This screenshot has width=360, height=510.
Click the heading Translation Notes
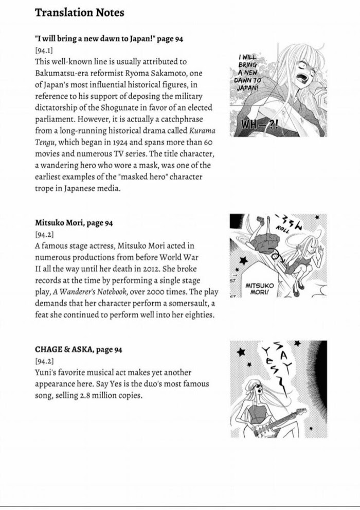click(79, 13)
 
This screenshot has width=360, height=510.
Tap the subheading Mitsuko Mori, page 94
click(74, 223)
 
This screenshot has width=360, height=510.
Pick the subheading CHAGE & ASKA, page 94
click(79, 349)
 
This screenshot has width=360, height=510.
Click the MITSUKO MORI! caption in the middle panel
click(260, 289)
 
